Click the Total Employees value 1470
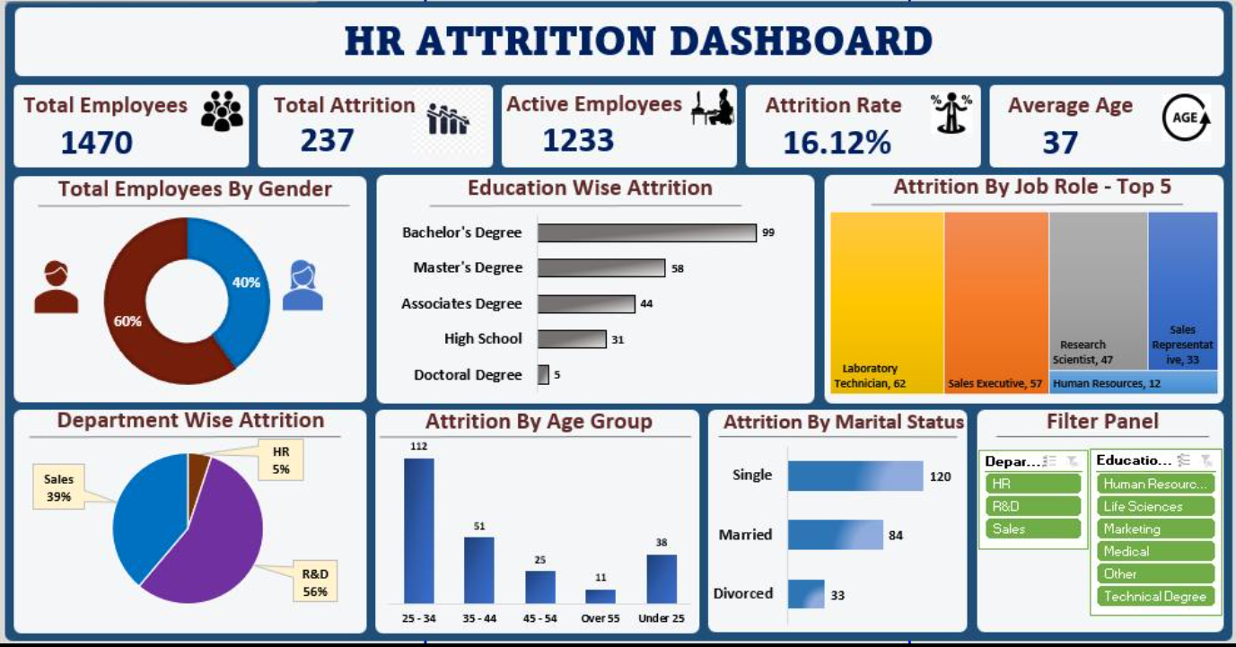click(97, 143)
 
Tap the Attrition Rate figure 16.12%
click(837, 143)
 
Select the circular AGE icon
click(1186, 118)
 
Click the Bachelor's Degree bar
click(646, 232)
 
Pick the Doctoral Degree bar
click(543, 374)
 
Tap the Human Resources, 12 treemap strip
click(1133, 383)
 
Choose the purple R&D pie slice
click(211, 547)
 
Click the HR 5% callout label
click(281, 459)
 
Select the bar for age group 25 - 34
click(418, 530)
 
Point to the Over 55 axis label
click(600, 618)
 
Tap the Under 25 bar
click(662, 578)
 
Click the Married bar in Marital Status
click(835, 535)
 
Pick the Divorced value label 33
click(837, 595)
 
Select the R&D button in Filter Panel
click(1032, 506)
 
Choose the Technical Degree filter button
click(1155, 596)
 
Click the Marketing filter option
click(1155, 529)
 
